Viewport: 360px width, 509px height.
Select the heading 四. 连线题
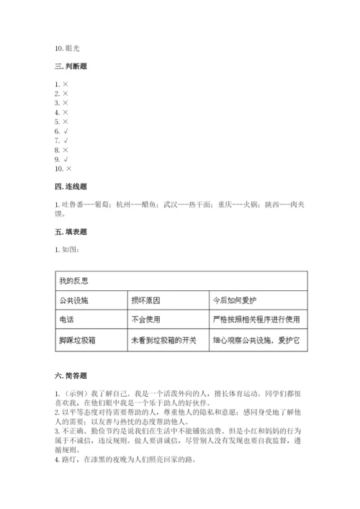[72, 186]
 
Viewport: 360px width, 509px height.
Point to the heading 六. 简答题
[72, 375]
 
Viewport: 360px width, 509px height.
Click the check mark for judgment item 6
[66, 131]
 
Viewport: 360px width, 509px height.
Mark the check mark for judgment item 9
[66, 158]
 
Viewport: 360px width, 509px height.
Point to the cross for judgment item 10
[68, 168]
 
